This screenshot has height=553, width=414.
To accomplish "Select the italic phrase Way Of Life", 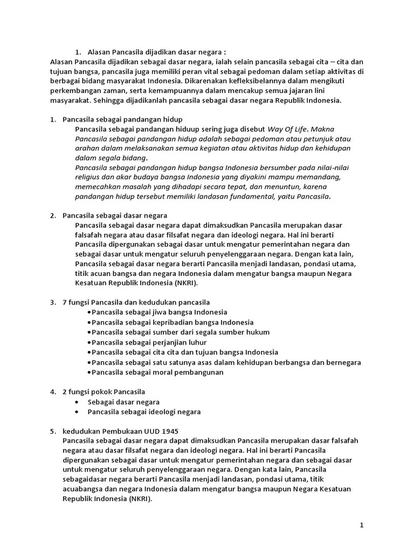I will click(289, 129).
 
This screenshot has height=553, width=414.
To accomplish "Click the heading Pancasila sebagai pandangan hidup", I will click(123, 119).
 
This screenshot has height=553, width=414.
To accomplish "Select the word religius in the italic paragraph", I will click(89, 177).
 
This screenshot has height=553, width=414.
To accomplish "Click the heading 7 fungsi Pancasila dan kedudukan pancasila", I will click(136, 302).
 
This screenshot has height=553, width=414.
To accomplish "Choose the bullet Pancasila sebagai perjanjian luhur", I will click(149, 342).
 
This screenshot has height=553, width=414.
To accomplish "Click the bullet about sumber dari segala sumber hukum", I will click(181, 332).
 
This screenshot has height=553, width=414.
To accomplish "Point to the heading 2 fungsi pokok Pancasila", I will click(104, 392).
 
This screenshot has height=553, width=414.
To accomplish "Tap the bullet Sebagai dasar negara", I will click(123, 402).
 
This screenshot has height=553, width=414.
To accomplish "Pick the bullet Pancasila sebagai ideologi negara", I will click(144, 412).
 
